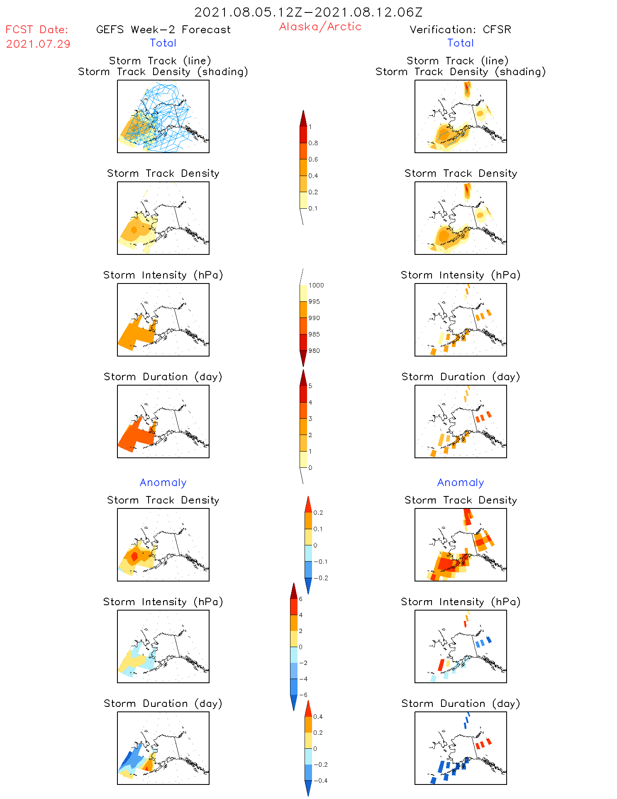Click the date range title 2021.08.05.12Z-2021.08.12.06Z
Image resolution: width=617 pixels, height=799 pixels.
308,12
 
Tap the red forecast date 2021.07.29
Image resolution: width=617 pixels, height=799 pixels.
38,44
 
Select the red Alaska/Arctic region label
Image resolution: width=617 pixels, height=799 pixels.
320,27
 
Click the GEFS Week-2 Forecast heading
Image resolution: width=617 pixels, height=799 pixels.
163,29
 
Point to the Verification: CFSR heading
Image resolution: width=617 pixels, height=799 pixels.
460,29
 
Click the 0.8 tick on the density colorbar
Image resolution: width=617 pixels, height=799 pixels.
313,143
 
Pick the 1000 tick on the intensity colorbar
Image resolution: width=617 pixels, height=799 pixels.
316,286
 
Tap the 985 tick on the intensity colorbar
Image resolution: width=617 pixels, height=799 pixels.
314,335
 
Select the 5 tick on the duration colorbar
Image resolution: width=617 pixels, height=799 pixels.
310,386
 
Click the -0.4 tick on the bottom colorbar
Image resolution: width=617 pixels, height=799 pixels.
320,781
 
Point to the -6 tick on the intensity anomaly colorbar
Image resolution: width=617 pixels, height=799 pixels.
303,695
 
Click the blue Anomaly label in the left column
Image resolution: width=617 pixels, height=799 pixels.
163,482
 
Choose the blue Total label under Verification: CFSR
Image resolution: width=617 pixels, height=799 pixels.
460,43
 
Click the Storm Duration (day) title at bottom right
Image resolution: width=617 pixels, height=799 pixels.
461,704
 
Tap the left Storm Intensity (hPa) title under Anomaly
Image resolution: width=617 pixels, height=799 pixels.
163,602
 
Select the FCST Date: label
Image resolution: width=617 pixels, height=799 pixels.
37,29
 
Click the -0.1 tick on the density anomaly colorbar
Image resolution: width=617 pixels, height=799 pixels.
320,562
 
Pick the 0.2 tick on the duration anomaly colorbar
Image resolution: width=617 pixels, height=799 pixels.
318,733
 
